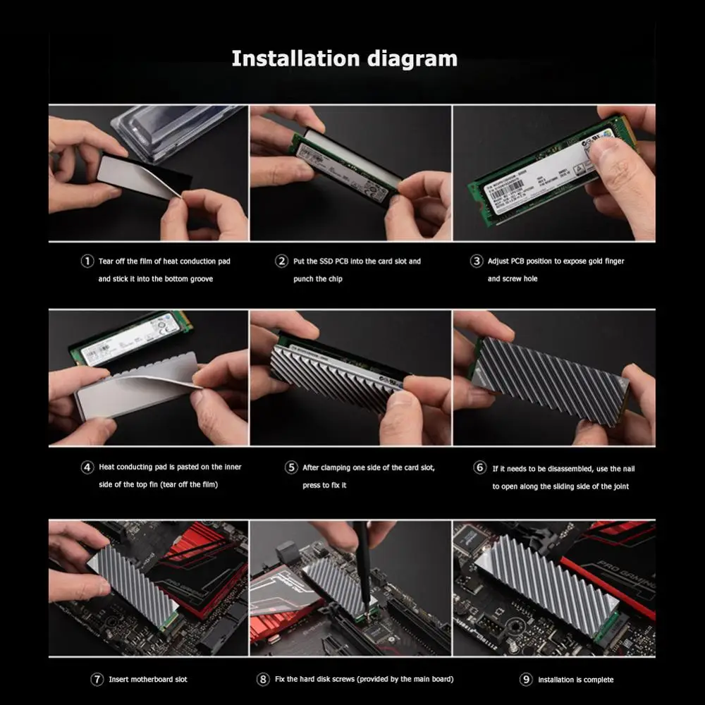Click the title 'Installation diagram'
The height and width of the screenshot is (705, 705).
pyautogui.click(x=344, y=59)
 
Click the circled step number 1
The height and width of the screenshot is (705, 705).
pyautogui.click(x=87, y=262)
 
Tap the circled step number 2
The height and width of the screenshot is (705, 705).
pyautogui.click(x=281, y=262)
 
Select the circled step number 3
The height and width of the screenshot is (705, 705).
pyautogui.click(x=476, y=262)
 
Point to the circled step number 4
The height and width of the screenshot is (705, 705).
pyautogui.click(x=87, y=467)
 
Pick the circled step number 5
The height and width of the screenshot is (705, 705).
pyautogui.click(x=291, y=467)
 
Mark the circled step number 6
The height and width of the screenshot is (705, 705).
pyautogui.click(x=479, y=468)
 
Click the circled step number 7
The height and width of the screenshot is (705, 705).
pyautogui.click(x=97, y=680)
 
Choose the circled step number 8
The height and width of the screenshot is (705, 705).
pyautogui.click(x=263, y=680)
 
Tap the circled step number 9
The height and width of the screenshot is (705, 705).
pyautogui.click(x=526, y=680)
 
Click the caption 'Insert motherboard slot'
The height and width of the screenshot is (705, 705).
pyautogui.click(x=148, y=680)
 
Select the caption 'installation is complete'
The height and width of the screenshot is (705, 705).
pyautogui.click(x=575, y=680)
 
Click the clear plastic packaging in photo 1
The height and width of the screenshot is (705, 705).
pyautogui.click(x=176, y=127)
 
